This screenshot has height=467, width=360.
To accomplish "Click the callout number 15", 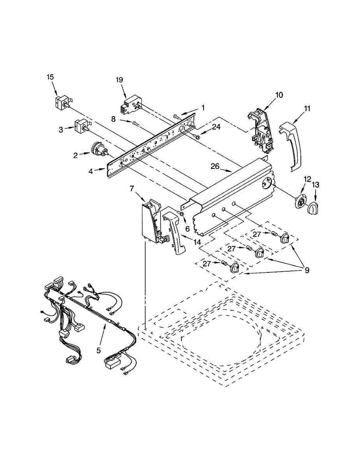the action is coord(50,77).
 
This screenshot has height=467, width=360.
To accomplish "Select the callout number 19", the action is coord(119,80).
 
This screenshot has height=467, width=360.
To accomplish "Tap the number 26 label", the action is coord(215,166).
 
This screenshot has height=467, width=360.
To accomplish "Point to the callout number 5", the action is coord(98,351).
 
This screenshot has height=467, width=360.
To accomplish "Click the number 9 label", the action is coord(307,270).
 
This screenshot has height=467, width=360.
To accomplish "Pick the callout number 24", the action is coord(216,127).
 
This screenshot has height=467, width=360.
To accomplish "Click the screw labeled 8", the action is coord(135,124).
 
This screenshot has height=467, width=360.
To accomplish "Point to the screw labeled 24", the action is coord(196,136).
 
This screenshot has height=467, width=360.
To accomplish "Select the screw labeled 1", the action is coord(176,116).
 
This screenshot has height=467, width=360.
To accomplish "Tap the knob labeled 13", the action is coord(313,208).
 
